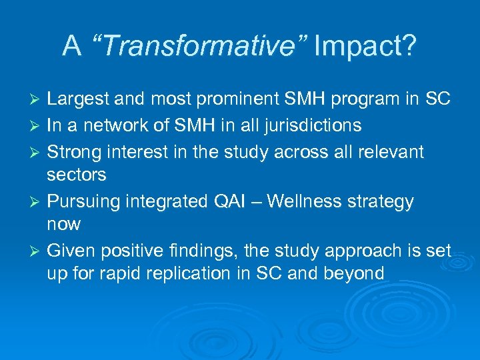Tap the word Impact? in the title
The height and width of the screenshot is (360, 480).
tap(365, 46)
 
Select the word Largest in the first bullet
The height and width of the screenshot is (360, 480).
tap(78, 100)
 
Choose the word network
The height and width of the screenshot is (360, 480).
tap(121, 125)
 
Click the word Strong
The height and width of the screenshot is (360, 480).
tap(73, 151)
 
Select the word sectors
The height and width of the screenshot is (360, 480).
tap(77, 175)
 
